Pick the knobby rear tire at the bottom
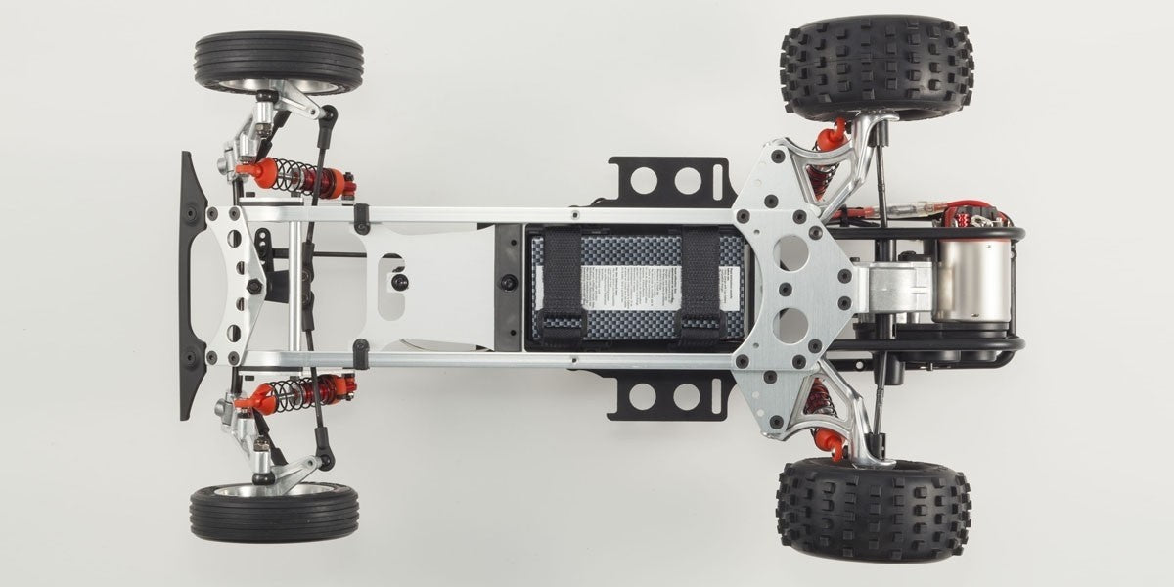point(874,509)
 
